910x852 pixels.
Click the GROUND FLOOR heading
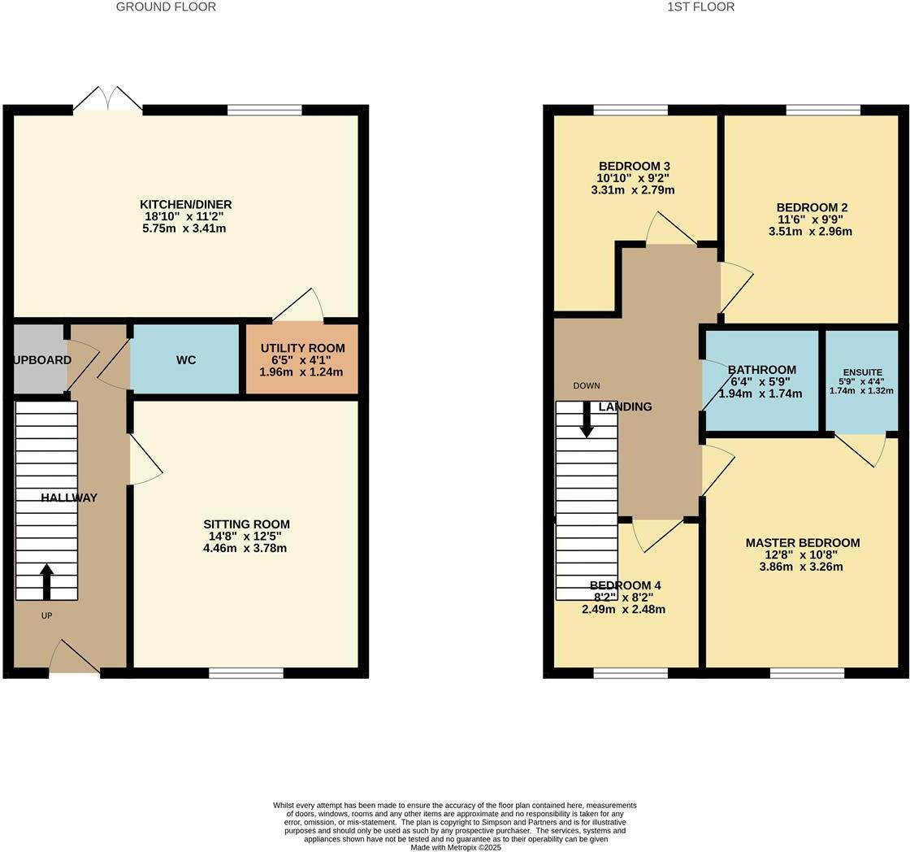pos(166,7)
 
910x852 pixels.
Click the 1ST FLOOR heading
pos(700,7)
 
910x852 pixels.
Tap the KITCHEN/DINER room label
pos(185,204)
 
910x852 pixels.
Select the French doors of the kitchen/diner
pos(107,99)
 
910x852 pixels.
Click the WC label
pos(185,360)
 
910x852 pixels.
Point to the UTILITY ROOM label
pos(302,348)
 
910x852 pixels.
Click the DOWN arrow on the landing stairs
pos(587,419)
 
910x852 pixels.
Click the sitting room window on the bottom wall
pos(246,672)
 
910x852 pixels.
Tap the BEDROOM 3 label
pos(635,166)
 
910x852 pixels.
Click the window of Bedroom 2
pos(823,110)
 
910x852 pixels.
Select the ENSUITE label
pos(862,372)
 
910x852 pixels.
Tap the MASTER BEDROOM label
pos(802,542)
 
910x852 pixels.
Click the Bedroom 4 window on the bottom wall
pos(630,672)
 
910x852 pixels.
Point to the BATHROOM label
pos(761,370)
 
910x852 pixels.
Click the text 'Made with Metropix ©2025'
pos(455,847)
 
